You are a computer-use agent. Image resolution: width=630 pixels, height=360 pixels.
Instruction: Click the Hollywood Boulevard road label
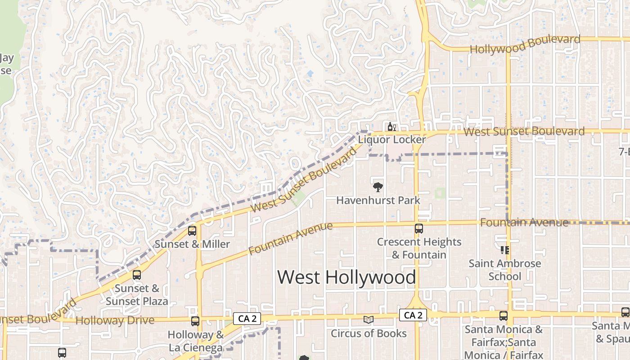(525, 45)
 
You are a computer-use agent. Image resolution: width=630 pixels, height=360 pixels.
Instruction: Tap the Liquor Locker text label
(392, 140)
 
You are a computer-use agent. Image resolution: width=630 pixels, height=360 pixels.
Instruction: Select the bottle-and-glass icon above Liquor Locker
(392, 127)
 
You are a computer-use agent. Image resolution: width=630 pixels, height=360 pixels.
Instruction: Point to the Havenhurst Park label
(378, 200)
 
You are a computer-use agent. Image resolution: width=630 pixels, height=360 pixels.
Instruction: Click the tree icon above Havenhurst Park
(378, 187)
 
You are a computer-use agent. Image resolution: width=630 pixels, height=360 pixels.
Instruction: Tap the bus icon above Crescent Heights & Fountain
(419, 229)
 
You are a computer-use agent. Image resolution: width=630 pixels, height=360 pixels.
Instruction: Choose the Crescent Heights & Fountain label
(419, 248)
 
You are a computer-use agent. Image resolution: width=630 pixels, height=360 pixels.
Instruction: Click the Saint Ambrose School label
(505, 270)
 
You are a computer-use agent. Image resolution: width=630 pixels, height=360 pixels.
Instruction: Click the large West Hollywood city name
(346, 277)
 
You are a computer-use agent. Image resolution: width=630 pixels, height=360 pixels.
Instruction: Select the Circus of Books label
(369, 333)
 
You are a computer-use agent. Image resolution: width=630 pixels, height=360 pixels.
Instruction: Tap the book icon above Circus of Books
(369, 320)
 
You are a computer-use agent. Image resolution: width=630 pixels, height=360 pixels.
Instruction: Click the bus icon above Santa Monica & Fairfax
(504, 316)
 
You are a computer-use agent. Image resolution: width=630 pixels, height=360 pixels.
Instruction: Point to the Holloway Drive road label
(115, 321)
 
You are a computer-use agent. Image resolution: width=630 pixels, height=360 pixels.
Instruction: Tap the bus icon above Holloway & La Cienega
(195, 321)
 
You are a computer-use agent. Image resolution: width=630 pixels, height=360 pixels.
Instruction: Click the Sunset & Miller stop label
(192, 244)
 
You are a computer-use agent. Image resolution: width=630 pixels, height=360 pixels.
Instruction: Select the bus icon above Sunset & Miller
(192, 231)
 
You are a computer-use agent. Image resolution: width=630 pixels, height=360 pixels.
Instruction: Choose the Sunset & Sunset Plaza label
(137, 295)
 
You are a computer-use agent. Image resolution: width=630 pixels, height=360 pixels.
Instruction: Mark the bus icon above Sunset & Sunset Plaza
(137, 275)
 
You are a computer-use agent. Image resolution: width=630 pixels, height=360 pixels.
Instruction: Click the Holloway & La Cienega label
(196, 341)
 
